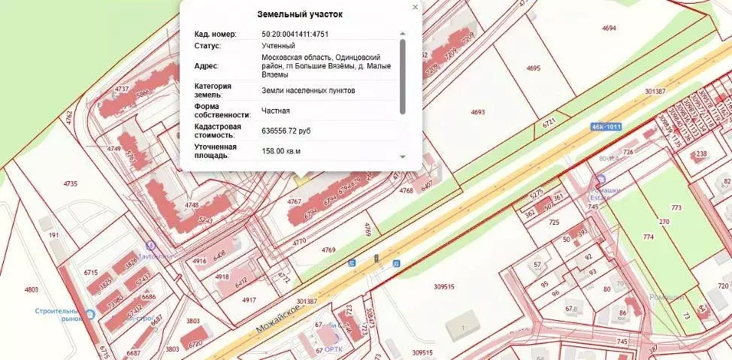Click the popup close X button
[x=415, y=8]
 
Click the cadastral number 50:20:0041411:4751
[x=295, y=34]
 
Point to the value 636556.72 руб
[x=286, y=131]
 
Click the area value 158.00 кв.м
[x=281, y=151]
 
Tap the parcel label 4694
[x=609, y=28]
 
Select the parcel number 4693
[x=478, y=112]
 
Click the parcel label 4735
[x=71, y=183]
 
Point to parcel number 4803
[x=31, y=289]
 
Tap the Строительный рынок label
[x=56, y=314]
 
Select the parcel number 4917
[x=249, y=300]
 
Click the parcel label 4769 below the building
[x=328, y=249]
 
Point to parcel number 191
[x=54, y=235]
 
